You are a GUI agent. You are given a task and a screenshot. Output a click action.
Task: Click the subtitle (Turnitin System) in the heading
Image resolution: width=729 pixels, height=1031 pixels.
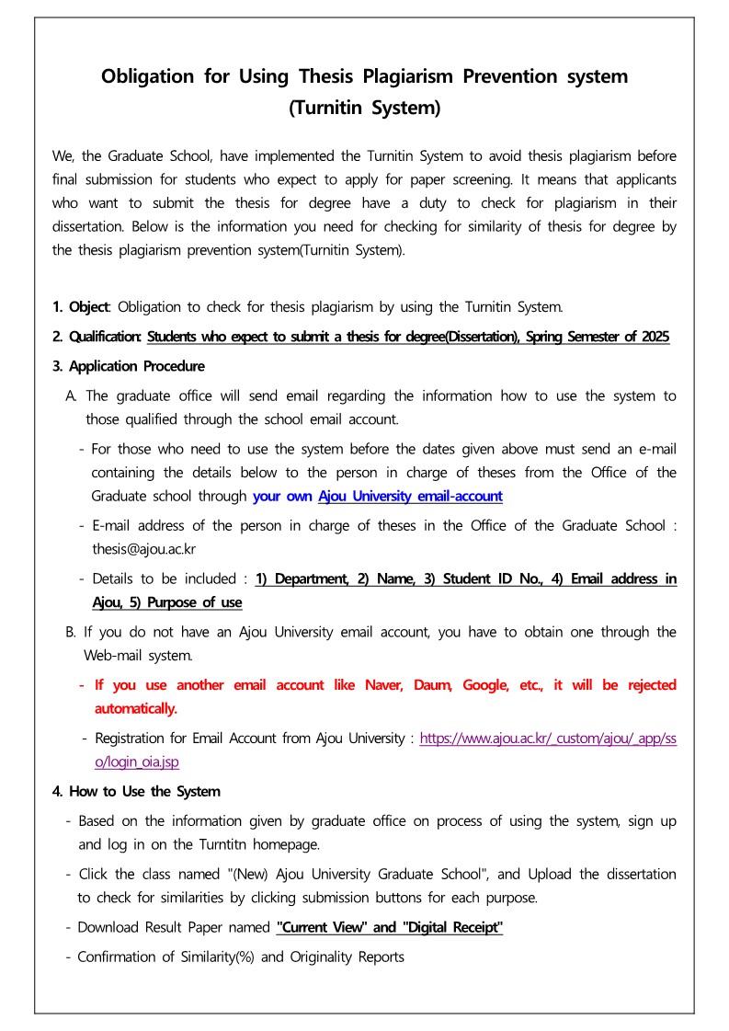coord(364,108)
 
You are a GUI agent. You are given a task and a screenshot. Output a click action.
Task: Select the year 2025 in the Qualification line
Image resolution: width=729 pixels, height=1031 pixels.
coord(654,337)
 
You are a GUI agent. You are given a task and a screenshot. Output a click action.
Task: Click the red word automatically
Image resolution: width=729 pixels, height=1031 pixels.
coord(135,709)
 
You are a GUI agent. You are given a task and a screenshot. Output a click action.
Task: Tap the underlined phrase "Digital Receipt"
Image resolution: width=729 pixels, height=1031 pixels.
coord(453,927)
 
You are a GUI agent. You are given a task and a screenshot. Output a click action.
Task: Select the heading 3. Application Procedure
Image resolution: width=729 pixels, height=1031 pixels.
coord(129,366)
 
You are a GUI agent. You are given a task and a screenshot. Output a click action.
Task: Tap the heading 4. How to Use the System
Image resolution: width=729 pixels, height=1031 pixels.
coord(136,791)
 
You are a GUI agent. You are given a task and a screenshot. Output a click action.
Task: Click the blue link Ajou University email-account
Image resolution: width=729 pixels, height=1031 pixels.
coord(410,497)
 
